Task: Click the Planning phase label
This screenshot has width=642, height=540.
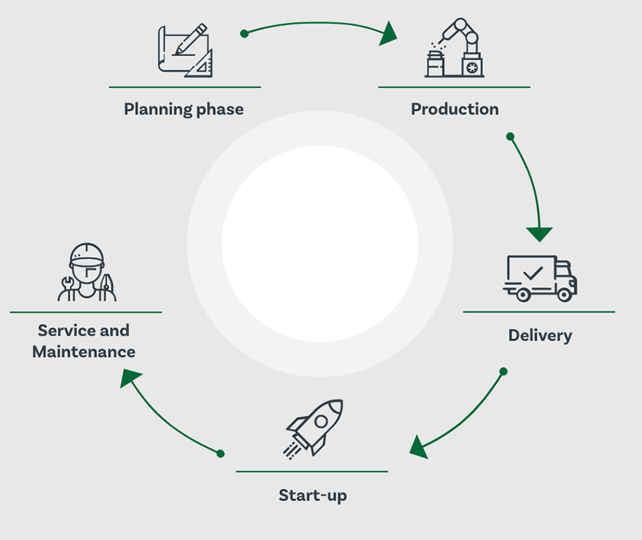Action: click(184, 109)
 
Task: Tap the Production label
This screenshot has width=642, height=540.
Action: click(455, 109)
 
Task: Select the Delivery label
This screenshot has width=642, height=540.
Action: click(540, 336)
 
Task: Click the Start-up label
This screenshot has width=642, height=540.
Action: click(313, 495)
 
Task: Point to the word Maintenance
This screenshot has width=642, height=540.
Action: click(84, 352)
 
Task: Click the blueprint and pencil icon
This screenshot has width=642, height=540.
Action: click(186, 50)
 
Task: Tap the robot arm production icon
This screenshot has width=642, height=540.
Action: click(454, 48)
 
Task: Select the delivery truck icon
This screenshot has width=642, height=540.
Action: click(540, 279)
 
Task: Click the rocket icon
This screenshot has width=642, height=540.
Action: click(314, 428)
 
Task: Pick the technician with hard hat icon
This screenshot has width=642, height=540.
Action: click(87, 272)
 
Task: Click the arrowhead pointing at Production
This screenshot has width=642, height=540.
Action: click(387, 34)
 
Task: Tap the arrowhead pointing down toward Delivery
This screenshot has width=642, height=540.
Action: click(539, 234)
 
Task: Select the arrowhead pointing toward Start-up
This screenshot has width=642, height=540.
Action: click(419, 447)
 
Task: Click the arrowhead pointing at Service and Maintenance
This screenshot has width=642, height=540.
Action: click(130, 377)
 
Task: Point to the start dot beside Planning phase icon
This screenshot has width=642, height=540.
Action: click(245, 34)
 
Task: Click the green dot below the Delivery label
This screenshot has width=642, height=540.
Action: click(504, 372)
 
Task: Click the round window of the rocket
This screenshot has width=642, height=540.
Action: click(321, 421)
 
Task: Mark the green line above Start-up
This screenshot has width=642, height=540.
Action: click(312, 472)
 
